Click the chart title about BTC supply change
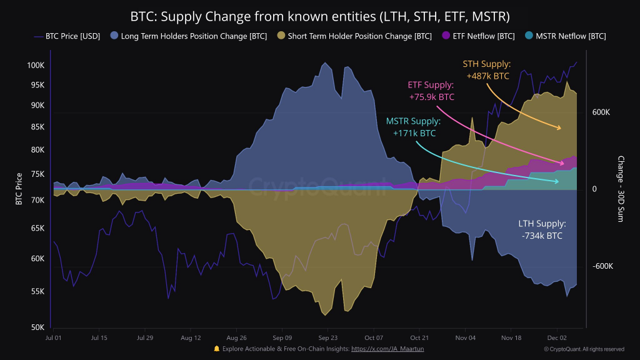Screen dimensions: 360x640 (x=319, y=16)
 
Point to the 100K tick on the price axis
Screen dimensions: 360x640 (x=36, y=66)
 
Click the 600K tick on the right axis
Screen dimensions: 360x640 (x=601, y=112)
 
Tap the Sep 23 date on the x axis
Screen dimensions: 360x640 (x=328, y=337)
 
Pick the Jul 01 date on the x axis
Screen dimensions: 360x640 (x=54, y=337)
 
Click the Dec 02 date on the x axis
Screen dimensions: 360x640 (x=556, y=337)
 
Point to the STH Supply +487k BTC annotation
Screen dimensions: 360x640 (x=487, y=70)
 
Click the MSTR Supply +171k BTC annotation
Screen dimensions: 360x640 (x=413, y=127)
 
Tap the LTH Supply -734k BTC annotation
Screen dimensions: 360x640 (x=542, y=229)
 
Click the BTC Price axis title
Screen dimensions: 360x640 (x=19, y=189)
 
